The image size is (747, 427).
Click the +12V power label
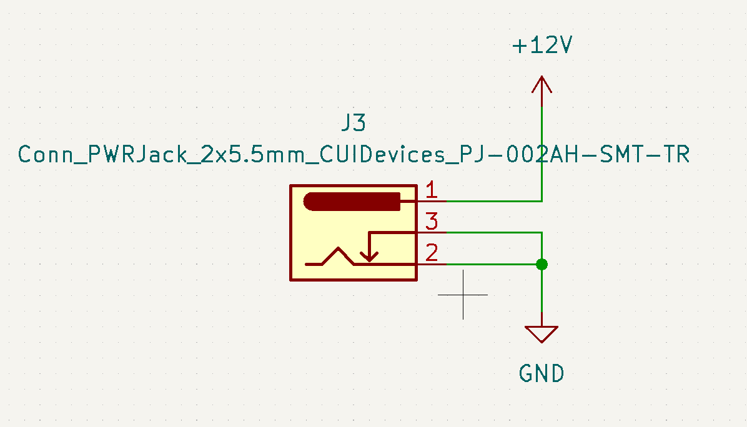click(542, 45)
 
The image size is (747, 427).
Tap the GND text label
click(542, 374)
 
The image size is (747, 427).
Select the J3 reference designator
click(354, 123)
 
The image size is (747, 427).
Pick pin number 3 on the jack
click(431, 222)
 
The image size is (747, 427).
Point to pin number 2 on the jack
click(432, 253)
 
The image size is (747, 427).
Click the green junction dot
click(542, 264)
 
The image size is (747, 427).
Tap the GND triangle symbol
click(542, 334)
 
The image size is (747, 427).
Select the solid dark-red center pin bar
click(352, 202)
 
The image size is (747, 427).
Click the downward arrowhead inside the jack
click(369, 257)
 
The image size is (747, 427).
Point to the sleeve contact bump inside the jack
click(339, 255)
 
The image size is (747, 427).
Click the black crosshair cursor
click(463, 295)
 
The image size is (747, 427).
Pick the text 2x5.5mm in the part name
click(253, 154)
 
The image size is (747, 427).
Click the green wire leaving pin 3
click(493, 232)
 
